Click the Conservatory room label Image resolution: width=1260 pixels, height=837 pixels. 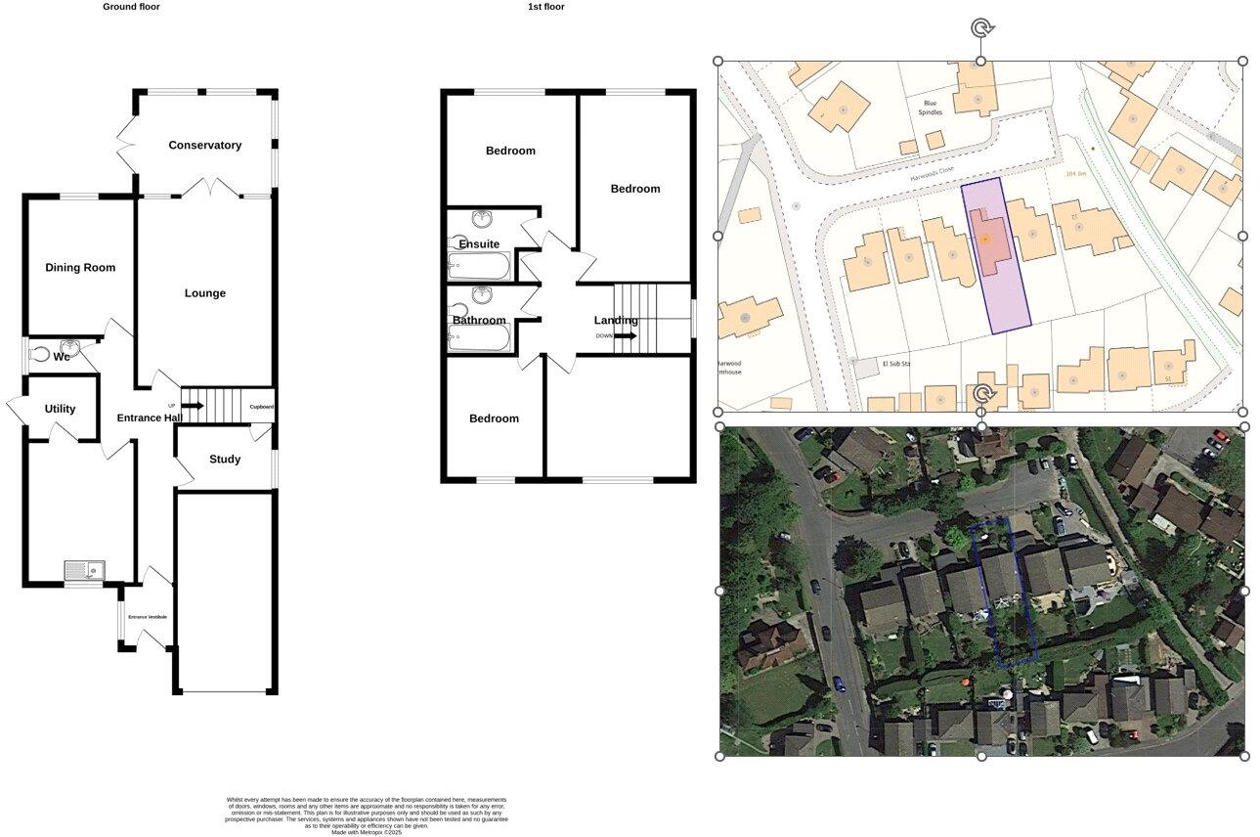click(204, 146)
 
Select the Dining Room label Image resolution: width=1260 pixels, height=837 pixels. click(80, 268)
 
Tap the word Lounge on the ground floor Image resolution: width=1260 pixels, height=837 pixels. click(204, 293)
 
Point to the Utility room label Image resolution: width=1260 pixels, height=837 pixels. click(60, 409)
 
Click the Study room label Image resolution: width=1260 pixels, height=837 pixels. click(225, 460)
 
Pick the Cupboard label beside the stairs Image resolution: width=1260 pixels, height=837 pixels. click(261, 407)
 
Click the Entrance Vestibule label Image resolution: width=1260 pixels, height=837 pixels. click(148, 617)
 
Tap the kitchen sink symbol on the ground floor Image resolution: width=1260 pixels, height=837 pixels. click(85, 570)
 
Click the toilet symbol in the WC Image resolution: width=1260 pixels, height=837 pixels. click(39, 356)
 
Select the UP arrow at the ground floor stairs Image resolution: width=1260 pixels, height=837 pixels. click(191, 406)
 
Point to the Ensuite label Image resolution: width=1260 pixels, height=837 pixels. click(479, 244)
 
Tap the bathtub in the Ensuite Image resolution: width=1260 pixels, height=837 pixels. click(479, 267)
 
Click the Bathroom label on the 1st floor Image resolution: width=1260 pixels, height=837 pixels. click(479, 321)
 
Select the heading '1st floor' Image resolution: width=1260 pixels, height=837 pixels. click(545, 7)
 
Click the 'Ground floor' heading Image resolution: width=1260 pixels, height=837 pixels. click(131, 7)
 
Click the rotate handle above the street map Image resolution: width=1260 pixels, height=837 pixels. click(981, 27)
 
